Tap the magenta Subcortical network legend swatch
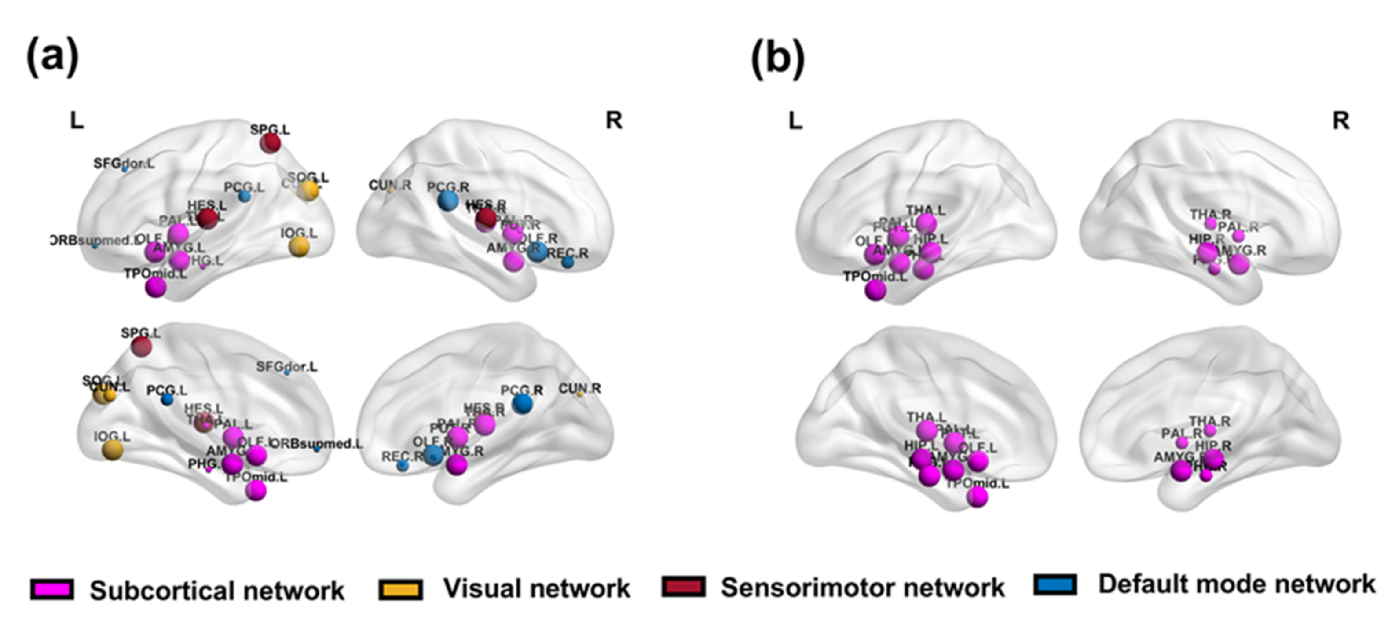point(52,589)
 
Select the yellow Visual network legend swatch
point(401,589)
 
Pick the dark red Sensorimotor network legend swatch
point(684,587)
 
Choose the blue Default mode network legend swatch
point(1055,585)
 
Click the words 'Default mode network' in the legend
point(1237,584)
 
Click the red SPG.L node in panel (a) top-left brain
point(270,143)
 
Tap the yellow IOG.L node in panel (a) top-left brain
point(299,247)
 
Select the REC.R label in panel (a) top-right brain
point(568,253)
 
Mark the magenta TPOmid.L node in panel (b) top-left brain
point(875,290)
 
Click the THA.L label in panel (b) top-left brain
point(926,210)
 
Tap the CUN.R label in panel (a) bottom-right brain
point(579,389)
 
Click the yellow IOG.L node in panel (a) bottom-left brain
point(113,450)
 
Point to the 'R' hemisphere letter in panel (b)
point(1341,120)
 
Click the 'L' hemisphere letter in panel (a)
point(77,120)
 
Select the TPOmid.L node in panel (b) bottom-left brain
point(978,497)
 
